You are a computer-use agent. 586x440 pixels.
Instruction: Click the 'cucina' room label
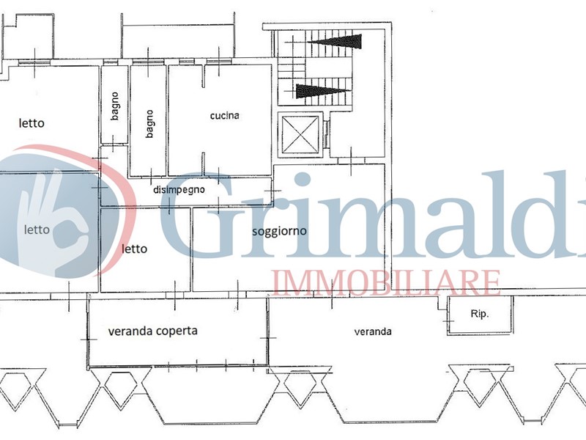[x=225, y=116]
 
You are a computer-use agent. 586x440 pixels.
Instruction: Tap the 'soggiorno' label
[x=280, y=231]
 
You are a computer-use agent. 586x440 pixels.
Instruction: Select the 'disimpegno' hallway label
[x=179, y=190]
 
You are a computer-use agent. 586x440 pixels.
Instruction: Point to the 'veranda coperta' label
[x=153, y=331]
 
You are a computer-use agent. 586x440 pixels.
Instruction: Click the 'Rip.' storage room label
[x=480, y=314]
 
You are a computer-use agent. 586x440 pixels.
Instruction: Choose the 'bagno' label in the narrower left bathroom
[x=115, y=106]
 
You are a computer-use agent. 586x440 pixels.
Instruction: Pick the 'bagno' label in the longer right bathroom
[x=149, y=124]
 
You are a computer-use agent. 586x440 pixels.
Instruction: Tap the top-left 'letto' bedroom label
[x=31, y=123]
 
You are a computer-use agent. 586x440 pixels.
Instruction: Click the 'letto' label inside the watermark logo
[x=37, y=230]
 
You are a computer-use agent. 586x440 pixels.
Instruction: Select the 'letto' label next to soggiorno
[x=135, y=249]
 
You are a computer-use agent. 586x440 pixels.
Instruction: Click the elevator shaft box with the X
[x=300, y=135]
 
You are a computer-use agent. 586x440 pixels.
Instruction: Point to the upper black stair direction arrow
[x=336, y=42]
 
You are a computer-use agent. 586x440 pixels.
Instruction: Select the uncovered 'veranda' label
[x=373, y=331]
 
